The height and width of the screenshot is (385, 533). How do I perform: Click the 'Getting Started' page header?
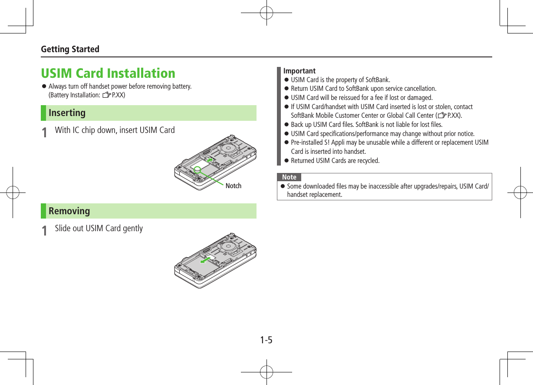(70, 49)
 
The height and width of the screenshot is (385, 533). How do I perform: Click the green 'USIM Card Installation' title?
(108, 73)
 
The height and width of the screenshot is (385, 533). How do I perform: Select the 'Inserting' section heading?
(67, 113)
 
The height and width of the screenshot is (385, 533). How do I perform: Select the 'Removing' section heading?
(69, 211)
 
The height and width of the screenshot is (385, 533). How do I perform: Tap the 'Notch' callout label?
(233, 186)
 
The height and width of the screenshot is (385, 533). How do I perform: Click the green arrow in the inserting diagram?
(210, 162)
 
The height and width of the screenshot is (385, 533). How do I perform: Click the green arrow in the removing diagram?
(205, 261)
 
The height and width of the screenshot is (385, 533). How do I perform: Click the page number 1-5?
(266, 340)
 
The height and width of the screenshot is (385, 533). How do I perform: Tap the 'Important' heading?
(299, 71)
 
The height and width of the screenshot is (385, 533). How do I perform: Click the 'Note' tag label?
(289, 177)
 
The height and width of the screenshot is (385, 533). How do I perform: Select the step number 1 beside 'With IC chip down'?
(44, 132)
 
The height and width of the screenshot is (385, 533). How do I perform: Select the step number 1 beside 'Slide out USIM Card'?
(44, 230)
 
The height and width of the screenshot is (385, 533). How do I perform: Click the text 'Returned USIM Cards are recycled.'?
(335, 161)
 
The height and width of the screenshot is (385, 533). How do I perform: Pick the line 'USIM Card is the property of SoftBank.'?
(340, 80)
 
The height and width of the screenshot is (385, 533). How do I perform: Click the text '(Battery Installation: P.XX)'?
(87, 95)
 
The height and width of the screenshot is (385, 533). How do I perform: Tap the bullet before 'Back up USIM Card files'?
(286, 125)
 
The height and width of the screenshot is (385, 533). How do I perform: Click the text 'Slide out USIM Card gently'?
(99, 229)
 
